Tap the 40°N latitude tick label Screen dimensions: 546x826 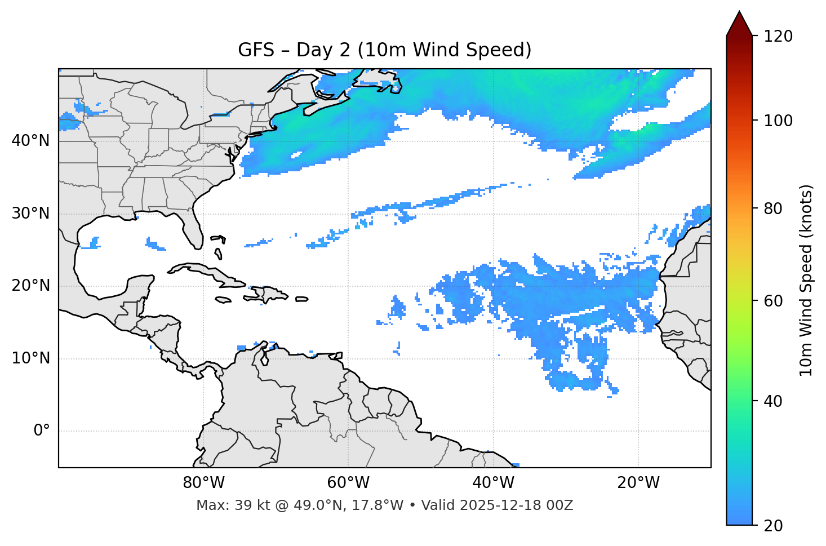point(30,140)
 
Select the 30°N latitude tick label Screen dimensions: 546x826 point(30,214)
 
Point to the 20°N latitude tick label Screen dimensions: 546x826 point(30,286)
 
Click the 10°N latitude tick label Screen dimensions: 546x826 point(30,358)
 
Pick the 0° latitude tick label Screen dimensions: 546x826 point(42,431)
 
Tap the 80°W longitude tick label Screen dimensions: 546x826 point(203,483)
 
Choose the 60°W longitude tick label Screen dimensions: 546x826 point(348,483)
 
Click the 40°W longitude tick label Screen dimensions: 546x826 point(494,483)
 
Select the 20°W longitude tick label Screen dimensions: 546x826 point(638,483)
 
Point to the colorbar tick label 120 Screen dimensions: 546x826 point(778,37)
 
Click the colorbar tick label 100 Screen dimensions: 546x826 point(778,121)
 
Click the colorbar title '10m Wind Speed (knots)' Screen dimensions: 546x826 point(806,280)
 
